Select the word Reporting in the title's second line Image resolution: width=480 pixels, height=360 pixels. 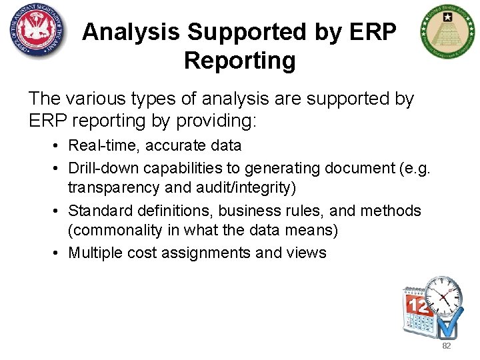tap(239, 61)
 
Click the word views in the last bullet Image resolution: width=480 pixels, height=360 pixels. tap(307, 253)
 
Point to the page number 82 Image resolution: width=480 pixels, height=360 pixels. tap(446, 347)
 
